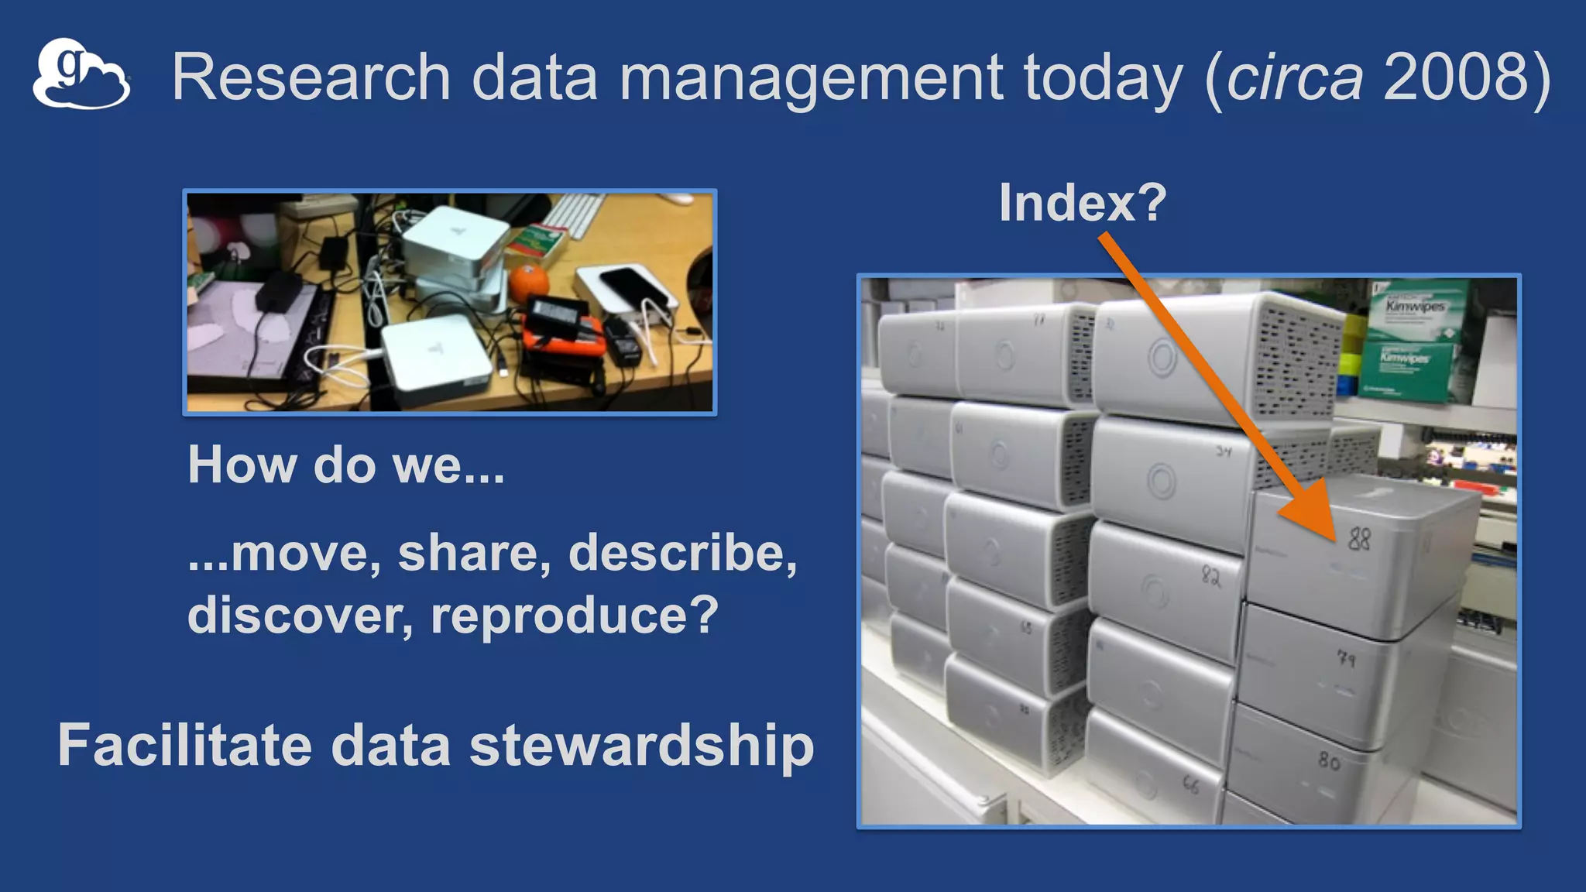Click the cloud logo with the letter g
pyautogui.click(x=81, y=74)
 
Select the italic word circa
pyautogui.click(x=1294, y=78)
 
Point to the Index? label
pyautogui.click(x=1082, y=202)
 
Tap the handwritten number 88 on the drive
pyautogui.click(x=1359, y=538)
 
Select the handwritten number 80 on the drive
pyautogui.click(x=1329, y=761)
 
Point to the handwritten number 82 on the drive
pyautogui.click(x=1210, y=575)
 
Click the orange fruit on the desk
pyautogui.click(x=528, y=283)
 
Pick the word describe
pyautogui.click(x=682, y=553)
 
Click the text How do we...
pyautogui.click(x=345, y=465)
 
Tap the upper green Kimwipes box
pyautogui.click(x=1414, y=310)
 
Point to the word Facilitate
pyautogui.click(x=184, y=746)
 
